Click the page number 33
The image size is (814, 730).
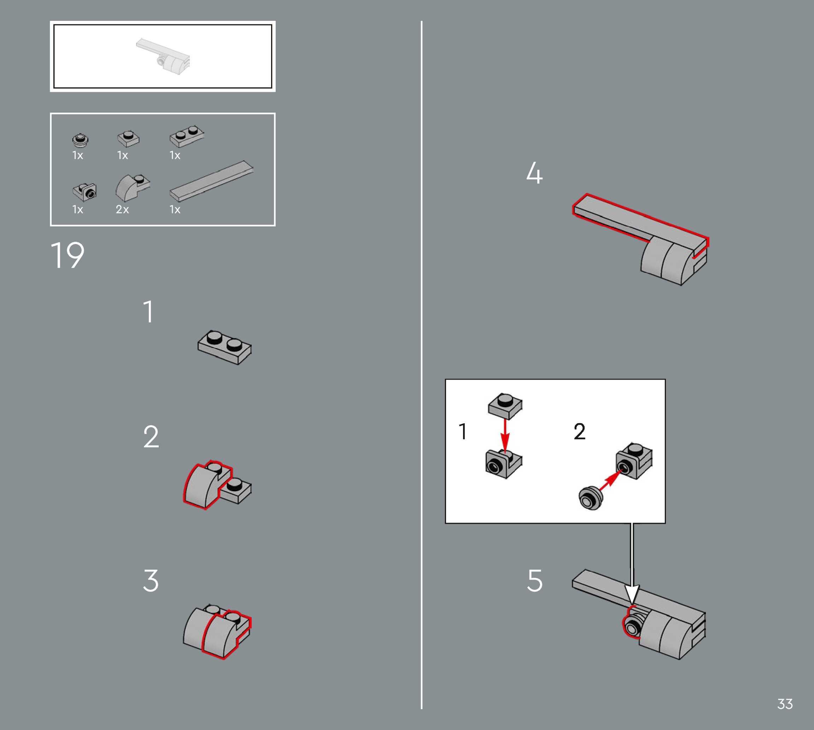(785, 704)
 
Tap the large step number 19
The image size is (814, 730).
(68, 255)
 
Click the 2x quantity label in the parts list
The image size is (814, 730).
(122, 209)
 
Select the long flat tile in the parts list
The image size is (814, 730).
(211, 180)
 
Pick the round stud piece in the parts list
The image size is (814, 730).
(81, 140)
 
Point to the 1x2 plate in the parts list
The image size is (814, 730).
(187, 136)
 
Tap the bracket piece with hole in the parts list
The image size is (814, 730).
(85, 192)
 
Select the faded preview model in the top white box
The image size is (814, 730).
(163, 56)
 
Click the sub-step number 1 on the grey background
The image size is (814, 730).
(148, 311)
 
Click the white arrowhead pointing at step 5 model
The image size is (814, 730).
(632, 594)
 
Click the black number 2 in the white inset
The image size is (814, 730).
(579, 431)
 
